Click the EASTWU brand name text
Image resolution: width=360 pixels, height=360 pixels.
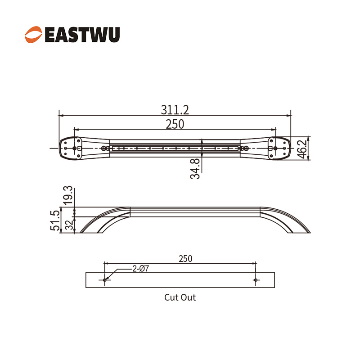pyautogui.click(x=82, y=35)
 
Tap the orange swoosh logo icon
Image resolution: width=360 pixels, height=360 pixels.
pyautogui.click(x=33, y=35)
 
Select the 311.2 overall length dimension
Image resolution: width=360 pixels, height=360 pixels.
pyautogui.click(x=175, y=110)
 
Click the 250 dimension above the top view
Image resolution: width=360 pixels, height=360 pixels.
pyautogui.click(x=175, y=124)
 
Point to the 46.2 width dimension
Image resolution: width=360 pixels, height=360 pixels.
pyautogui.click(x=302, y=149)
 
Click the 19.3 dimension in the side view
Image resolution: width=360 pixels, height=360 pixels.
pyautogui.click(x=68, y=195)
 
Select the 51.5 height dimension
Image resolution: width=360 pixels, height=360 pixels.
pyautogui.click(x=55, y=220)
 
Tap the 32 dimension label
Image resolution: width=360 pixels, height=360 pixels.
pyautogui.click(x=69, y=225)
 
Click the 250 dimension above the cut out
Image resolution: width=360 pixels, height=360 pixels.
pyautogui.click(x=185, y=259)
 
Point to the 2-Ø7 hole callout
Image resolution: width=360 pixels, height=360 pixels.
pyautogui.click(x=141, y=268)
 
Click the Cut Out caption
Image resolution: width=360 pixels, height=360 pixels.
pyautogui.click(x=180, y=297)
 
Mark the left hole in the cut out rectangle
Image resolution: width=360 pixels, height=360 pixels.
pyautogui.click(x=105, y=280)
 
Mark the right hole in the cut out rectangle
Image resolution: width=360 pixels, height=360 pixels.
pyautogui.click(x=256, y=280)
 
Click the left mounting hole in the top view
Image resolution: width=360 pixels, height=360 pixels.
pyautogui.click(x=74, y=148)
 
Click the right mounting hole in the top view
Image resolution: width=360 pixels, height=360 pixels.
pyautogui.click(x=275, y=148)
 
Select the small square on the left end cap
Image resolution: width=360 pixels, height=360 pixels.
pyautogui.click(x=80, y=148)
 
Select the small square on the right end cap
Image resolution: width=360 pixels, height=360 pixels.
pyautogui.click(x=270, y=148)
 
